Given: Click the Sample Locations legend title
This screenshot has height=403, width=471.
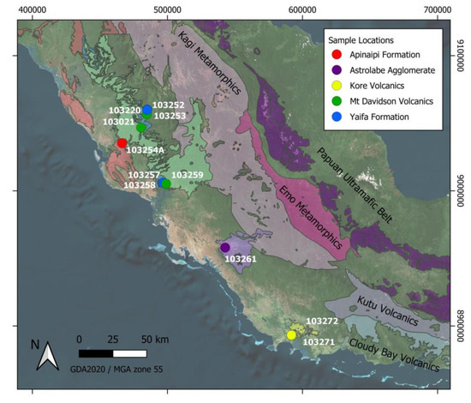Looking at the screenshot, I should [364, 40].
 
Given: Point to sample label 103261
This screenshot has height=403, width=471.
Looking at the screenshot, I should [241, 258].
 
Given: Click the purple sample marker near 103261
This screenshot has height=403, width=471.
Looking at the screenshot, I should [225, 247].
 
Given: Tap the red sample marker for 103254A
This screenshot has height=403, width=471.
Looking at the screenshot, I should [122, 142].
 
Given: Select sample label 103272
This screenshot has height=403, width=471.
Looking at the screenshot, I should [322, 321].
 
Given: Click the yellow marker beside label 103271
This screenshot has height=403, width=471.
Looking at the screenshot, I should [292, 335].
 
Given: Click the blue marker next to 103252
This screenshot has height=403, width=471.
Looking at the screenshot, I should [147, 110].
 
